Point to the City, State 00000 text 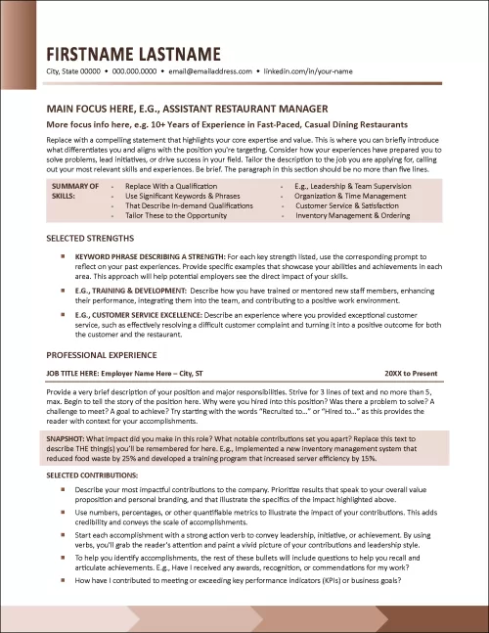coord(72,72)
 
